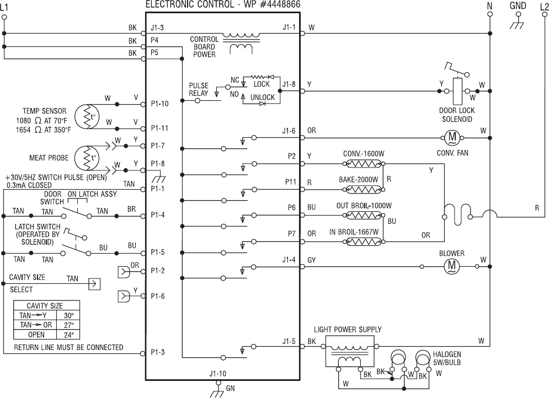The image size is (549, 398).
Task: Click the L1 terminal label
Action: (4, 7)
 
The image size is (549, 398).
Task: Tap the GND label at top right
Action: (518, 6)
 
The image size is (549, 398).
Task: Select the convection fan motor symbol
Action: (452, 137)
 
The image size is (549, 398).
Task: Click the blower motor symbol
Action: (452, 266)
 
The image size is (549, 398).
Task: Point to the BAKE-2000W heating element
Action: (364, 189)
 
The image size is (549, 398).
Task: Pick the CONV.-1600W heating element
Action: (364, 163)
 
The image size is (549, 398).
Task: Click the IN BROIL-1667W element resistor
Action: (364, 241)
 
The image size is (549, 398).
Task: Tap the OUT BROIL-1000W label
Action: (364, 206)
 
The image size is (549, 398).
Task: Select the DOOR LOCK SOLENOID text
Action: (457, 115)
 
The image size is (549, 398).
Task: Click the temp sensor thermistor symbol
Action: (88, 116)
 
